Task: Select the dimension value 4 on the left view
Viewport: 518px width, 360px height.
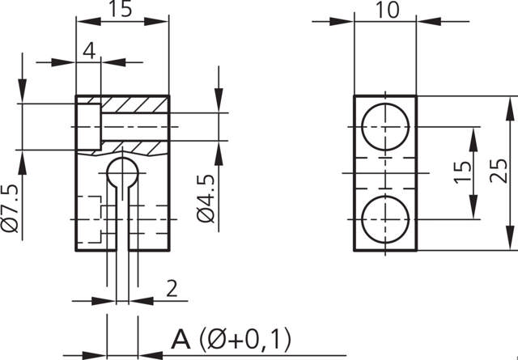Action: [89, 50]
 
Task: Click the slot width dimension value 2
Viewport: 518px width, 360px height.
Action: [171, 287]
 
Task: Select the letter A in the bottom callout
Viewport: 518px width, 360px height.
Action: [180, 338]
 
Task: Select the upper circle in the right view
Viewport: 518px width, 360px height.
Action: [384, 127]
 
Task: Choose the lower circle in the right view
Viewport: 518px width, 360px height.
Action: [384, 219]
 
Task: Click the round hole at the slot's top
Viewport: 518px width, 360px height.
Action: [122, 173]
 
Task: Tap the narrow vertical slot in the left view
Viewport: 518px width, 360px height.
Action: [122, 222]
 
